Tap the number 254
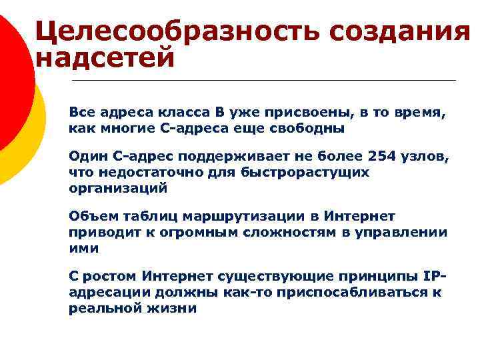(383, 158)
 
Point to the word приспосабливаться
(352, 291)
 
